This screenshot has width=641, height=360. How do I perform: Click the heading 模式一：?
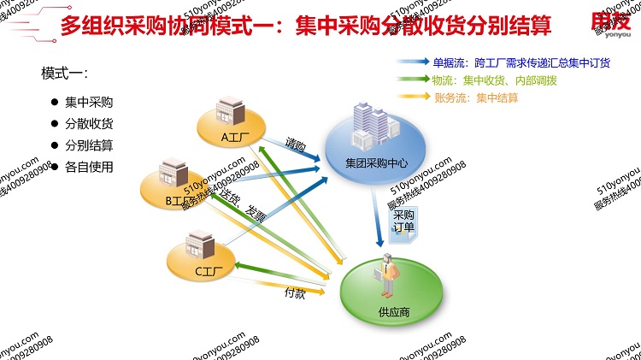(65, 74)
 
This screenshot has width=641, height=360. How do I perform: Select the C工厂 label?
(209, 272)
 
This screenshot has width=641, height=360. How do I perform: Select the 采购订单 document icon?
(402, 224)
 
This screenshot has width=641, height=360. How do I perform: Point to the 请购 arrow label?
(296, 145)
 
